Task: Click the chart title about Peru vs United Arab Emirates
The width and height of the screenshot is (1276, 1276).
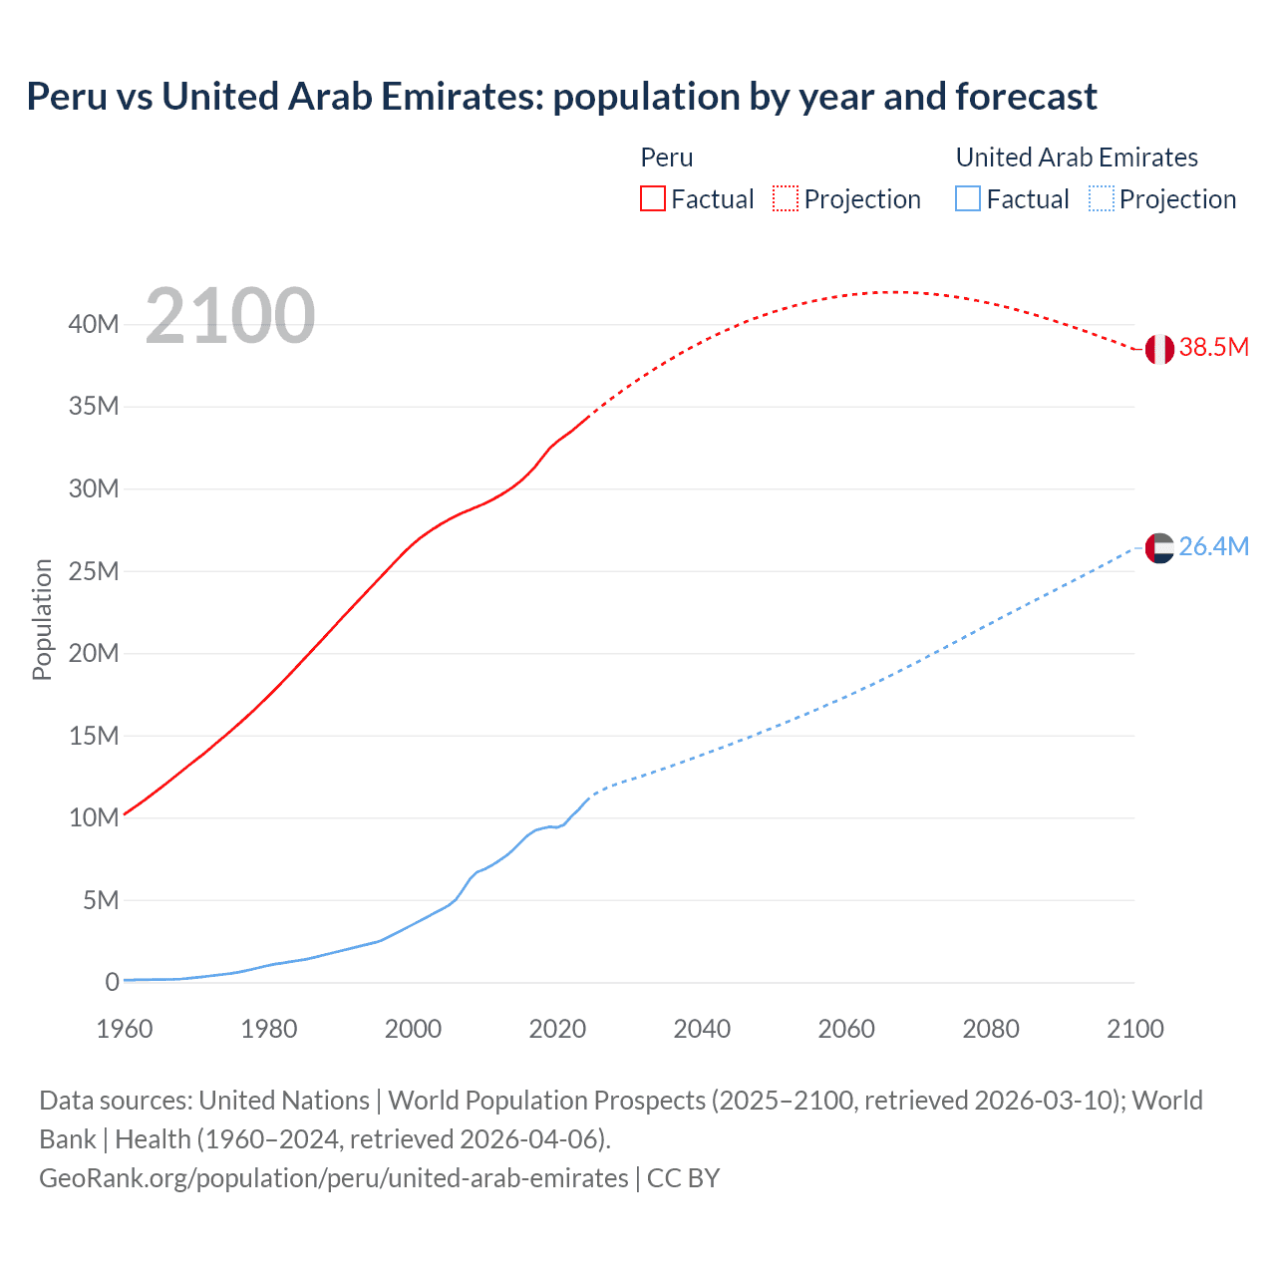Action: tap(561, 97)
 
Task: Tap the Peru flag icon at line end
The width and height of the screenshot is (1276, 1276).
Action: tap(1159, 349)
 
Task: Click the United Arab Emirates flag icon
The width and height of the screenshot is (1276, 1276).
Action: tap(1159, 547)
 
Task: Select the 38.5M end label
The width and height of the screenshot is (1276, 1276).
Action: tap(1213, 348)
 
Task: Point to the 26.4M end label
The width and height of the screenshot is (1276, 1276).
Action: tap(1213, 547)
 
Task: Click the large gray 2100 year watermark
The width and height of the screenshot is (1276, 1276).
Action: tap(230, 316)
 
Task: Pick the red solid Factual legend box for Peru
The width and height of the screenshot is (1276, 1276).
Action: tap(653, 199)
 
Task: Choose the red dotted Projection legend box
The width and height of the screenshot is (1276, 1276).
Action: tap(786, 199)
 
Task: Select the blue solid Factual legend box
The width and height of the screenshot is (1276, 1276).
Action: tap(968, 199)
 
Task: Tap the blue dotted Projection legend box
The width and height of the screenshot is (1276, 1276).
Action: tap(1102, 199)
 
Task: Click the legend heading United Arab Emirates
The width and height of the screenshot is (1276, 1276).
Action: tap(1077, 158)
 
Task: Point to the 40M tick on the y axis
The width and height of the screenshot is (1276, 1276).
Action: tap(94, 324)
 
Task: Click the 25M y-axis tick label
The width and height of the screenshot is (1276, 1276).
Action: tap(94, 571)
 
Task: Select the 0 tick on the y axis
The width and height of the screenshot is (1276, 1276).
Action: tap(112, 983)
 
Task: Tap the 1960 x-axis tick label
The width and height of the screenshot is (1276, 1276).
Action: tap(125, 1029)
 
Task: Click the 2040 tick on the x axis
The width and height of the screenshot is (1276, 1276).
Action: tap(702, 1029)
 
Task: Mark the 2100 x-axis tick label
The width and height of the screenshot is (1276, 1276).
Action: tap(1134, 1029)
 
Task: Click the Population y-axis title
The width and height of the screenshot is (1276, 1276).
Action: tap(42, 619)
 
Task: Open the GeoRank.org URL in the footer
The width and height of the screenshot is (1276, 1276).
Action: tap(334, 1178)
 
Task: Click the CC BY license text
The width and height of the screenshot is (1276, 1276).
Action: tap(684, 1178)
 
